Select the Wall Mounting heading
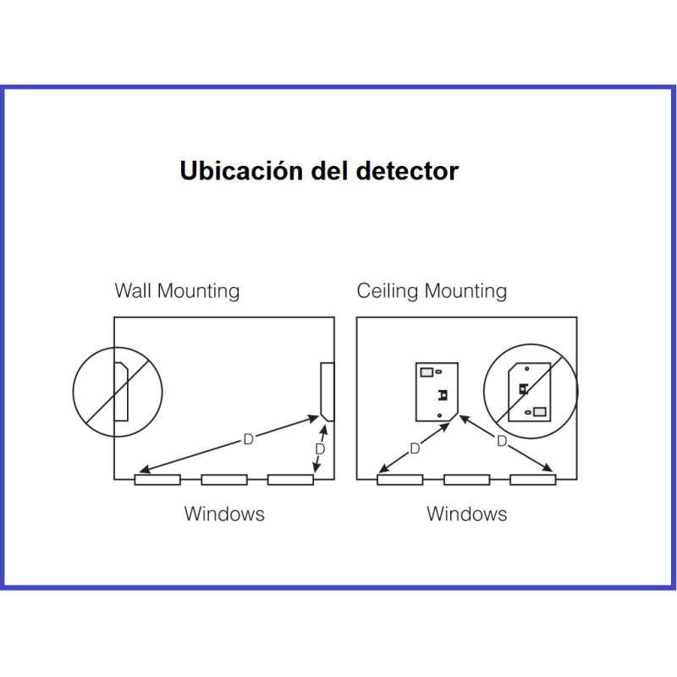coord(177,292)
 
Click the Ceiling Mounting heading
coord(432,292)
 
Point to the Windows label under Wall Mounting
coord(224,514)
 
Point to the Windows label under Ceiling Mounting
coord(466,514)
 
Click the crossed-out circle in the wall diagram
coord(118,391)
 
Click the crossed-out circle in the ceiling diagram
coord(530,391)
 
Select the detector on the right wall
coord(327,391)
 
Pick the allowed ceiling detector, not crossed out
coord(437,391)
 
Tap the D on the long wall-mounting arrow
coord(248,439)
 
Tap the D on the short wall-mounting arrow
coord(320,449)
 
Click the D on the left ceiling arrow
coord(415,449)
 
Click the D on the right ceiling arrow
coord(502,442)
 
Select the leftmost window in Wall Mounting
coord(157,480)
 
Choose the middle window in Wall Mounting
coord(224,480)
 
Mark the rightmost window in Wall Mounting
coord(290,480)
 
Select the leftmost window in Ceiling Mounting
coord(399,480)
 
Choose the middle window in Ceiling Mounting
coord(466,480)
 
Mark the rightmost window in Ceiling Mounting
coord(532,480)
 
